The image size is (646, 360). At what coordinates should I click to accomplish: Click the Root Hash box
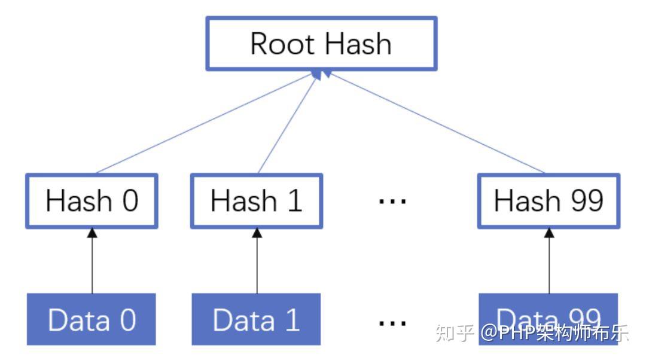[321, 44]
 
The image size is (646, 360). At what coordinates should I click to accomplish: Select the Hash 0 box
[92, 201]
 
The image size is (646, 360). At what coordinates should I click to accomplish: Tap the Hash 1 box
[257, 201]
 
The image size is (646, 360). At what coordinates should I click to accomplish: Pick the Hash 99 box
[549, 201]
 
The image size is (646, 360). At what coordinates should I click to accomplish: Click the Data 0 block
[92, 319]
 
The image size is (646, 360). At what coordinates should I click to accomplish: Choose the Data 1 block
[257, 319]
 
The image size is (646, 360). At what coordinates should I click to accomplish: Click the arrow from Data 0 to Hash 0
[92, 263]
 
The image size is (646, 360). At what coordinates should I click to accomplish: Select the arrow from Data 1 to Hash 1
[257, 263]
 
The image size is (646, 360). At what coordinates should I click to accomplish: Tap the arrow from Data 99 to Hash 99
[549, 263]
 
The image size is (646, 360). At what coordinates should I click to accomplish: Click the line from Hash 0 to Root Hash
[203, 123]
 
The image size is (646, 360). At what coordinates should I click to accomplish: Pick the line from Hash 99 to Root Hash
[437, 123]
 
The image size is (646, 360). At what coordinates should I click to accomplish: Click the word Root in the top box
[278, 44]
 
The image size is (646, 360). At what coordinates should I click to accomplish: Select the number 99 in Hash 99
[584, 201]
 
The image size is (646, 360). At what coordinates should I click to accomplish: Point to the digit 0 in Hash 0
[130, 201]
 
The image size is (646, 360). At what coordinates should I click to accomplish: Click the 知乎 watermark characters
[455, 332]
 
